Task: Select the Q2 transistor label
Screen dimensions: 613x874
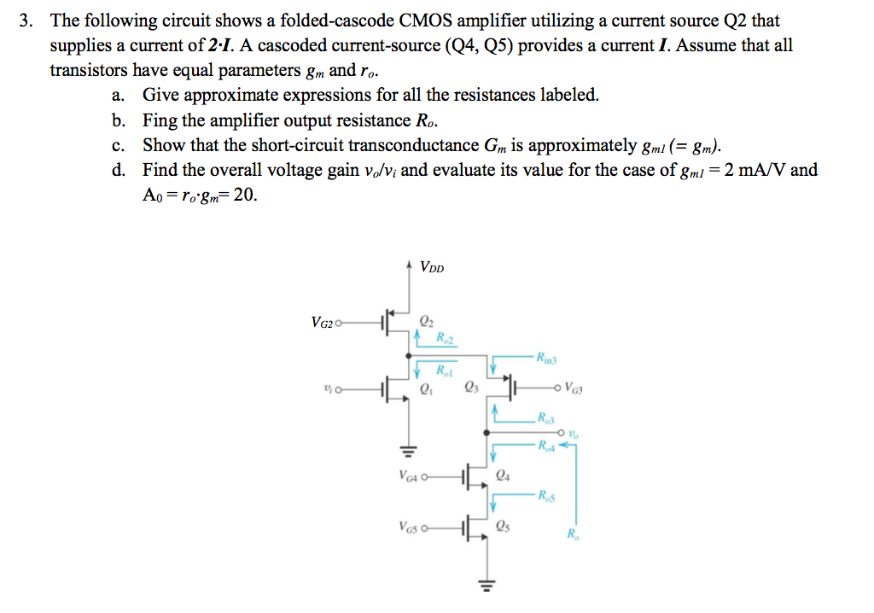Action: click(427, 322)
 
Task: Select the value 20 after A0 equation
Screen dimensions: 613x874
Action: click(244, 196)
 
